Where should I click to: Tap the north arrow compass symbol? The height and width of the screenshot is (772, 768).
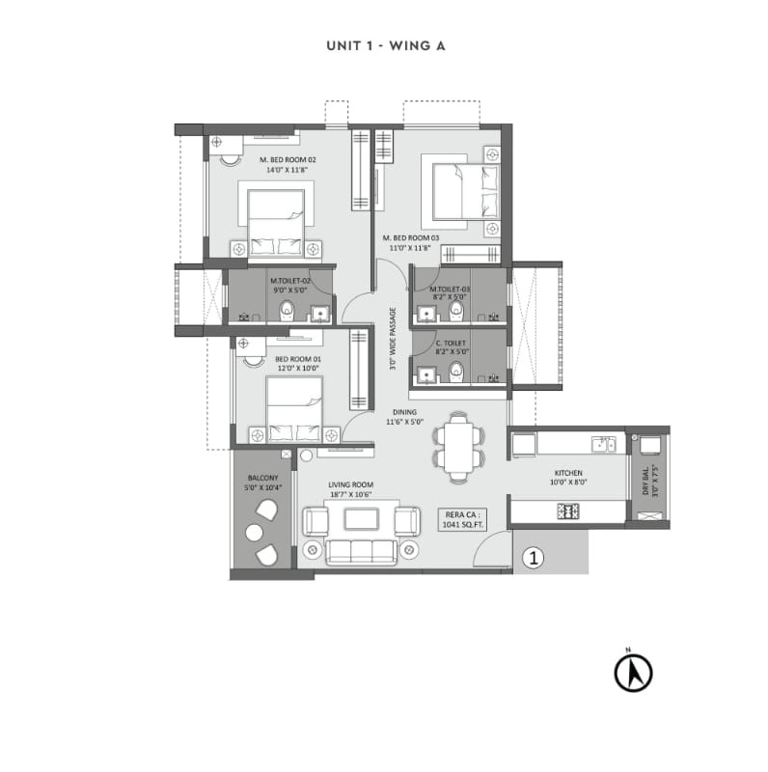(634, 672)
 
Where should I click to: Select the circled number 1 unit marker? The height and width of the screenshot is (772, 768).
(532, 557)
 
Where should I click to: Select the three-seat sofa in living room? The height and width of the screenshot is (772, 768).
(362, 551)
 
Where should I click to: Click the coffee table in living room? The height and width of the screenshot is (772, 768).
(362, 519)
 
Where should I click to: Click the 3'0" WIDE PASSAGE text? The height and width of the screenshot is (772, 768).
(393, 339)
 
